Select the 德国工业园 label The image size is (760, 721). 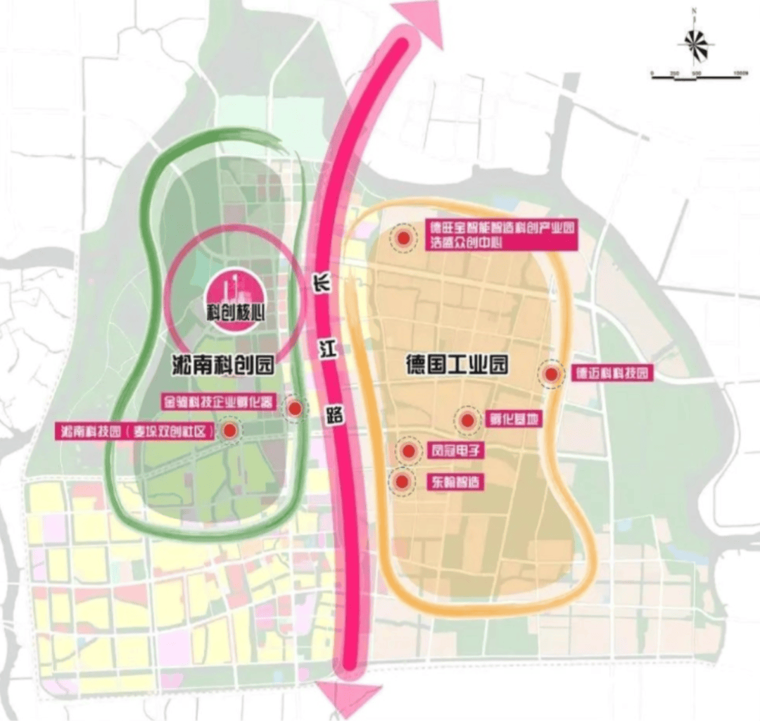point(457,365)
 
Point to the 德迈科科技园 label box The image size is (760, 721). point(611,373)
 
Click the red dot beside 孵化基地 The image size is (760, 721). point(468,421)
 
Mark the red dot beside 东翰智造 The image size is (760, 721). point(403,482)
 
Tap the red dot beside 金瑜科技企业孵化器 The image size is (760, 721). point(296,408)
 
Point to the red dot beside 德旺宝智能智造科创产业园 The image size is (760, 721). point(404,239)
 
